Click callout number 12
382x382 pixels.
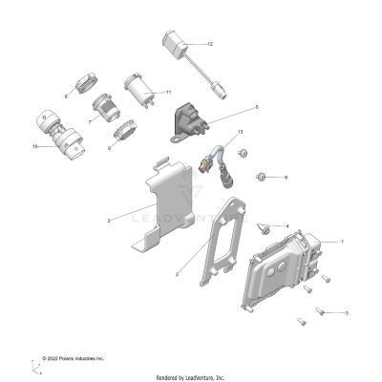[210, 44]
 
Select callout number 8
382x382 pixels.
[66, 96]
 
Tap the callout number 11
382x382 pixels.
[168, 93]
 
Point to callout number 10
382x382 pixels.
[36, 146]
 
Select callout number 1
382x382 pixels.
[342, 242]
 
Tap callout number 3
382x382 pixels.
[346, 312]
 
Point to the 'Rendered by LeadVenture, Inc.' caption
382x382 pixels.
[190, 376]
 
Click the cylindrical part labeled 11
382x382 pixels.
[139, 92]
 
